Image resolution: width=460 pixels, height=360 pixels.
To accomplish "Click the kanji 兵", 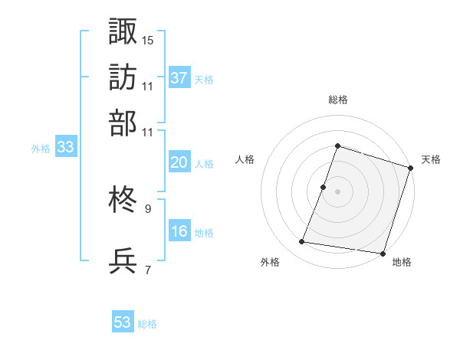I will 123,260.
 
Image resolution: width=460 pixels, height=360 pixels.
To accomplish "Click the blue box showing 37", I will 179,77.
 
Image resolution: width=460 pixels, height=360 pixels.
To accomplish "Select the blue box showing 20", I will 179,162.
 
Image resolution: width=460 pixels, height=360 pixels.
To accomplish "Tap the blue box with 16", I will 179,231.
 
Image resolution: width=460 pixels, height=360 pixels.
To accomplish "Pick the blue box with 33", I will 65,148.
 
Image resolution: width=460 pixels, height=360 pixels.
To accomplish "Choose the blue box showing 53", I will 123,322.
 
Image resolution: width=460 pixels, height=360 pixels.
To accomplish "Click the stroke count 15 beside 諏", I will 148,39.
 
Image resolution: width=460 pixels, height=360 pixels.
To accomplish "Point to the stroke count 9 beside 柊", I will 147,208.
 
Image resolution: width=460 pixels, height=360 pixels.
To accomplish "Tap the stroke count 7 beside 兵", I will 147,269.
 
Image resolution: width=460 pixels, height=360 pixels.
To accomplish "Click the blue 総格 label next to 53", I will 147,324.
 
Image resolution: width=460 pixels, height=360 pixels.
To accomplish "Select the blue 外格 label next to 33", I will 41,149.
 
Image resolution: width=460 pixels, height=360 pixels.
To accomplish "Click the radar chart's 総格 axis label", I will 337,100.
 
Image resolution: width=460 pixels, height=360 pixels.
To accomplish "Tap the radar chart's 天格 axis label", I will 432,159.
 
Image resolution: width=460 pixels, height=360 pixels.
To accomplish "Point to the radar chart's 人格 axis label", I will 245,159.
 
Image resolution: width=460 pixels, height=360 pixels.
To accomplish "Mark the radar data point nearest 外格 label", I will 302,242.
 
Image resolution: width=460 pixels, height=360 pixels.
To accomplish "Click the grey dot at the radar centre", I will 337,191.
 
